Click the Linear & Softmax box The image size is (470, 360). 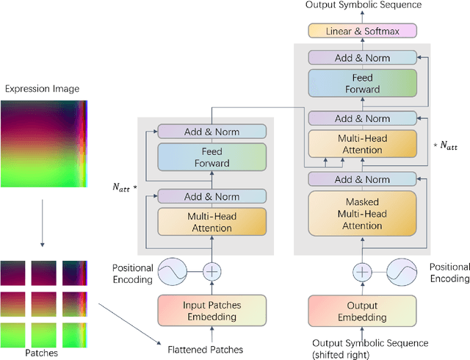(x=362, y=30)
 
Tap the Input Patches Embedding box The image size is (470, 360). (x=211, y=311)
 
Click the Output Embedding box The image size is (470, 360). (x=362, y=311)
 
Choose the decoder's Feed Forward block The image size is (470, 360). (x=362, y=83)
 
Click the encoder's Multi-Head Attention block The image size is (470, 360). (x=211, y=223)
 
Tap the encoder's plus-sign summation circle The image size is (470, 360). (x=211, y=271)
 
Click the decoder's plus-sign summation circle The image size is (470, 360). (x=362, y=271)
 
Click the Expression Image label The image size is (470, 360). (x=43, y=90)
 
